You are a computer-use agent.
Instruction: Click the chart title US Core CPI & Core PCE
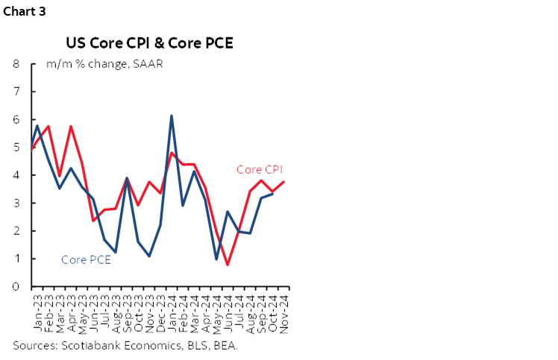(x=149, y=42)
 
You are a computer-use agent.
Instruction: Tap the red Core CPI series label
(x=259, y=170)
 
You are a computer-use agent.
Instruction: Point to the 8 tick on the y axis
(x=16, y=63)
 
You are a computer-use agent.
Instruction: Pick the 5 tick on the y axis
(x=16, y=148)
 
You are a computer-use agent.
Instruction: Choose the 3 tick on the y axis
(x=16, y=203)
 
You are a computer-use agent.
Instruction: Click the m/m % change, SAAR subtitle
(x=104, y=63)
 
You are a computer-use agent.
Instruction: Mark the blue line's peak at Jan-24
(x=172, y=116)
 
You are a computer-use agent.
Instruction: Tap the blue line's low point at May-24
(x=216, y=259)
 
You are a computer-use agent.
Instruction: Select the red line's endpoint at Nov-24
(x=283, y=182)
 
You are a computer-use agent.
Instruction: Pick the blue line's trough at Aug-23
(x=115, y=253)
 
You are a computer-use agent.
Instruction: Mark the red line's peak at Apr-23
(x=70, y=126)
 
